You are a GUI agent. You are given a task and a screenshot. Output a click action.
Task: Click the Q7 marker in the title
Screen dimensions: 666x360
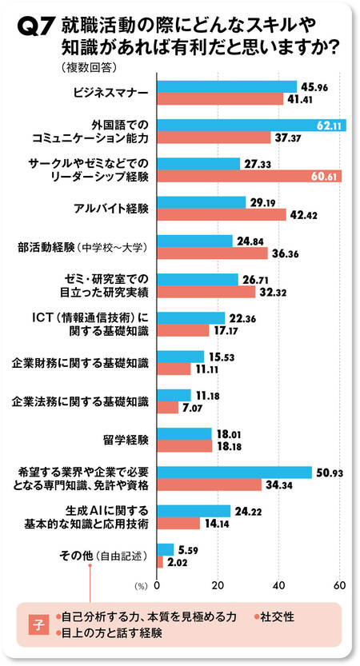34,29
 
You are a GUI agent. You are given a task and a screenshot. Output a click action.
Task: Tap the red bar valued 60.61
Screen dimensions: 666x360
249,176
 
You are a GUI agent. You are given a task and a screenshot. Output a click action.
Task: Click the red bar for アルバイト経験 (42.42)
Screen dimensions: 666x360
221,215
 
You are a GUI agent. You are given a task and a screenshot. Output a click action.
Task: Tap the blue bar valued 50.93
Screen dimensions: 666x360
234,472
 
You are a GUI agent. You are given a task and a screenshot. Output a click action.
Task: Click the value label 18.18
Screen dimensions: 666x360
230,447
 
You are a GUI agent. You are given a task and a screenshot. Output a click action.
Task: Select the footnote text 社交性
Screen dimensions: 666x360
274,617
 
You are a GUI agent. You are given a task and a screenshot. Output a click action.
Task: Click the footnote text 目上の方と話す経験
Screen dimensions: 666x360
112,633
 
